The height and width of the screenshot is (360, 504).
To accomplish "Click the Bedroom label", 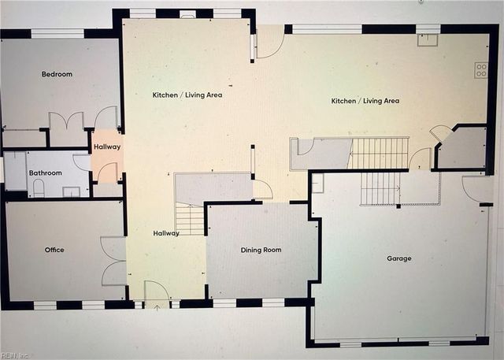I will [x=57, y=74].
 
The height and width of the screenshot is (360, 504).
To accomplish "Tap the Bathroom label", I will [x=46, y=173].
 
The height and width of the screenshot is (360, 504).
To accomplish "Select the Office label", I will [x=54, y=250].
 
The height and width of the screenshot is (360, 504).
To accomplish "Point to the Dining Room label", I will [x=261, y=250].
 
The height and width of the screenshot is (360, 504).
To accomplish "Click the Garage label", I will [x=398, y=258].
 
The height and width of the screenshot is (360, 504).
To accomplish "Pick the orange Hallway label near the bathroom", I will [x=107, y=147].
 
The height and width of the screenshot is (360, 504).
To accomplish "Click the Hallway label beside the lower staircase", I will [x=166, y=232].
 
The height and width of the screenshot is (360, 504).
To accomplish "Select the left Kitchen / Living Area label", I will [x=187, y=95].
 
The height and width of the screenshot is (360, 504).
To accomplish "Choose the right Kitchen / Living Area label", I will [x=365, y=101].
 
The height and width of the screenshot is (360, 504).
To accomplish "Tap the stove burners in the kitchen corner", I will [x=480, y=70].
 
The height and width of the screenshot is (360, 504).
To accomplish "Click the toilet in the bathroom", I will [x=39, y=187].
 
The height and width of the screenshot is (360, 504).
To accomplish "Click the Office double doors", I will [x=114, y=261].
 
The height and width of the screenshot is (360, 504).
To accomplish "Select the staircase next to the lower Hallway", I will [x=190, y=219].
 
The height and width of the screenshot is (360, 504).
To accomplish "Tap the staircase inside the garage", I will [x=380, y=188].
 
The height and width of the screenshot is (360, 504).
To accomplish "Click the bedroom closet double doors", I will [x=66, y=122].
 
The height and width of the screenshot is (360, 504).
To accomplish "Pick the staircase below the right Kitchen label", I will [x=378, y=153].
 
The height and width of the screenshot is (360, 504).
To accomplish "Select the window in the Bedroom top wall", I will [x=57, y=33].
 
